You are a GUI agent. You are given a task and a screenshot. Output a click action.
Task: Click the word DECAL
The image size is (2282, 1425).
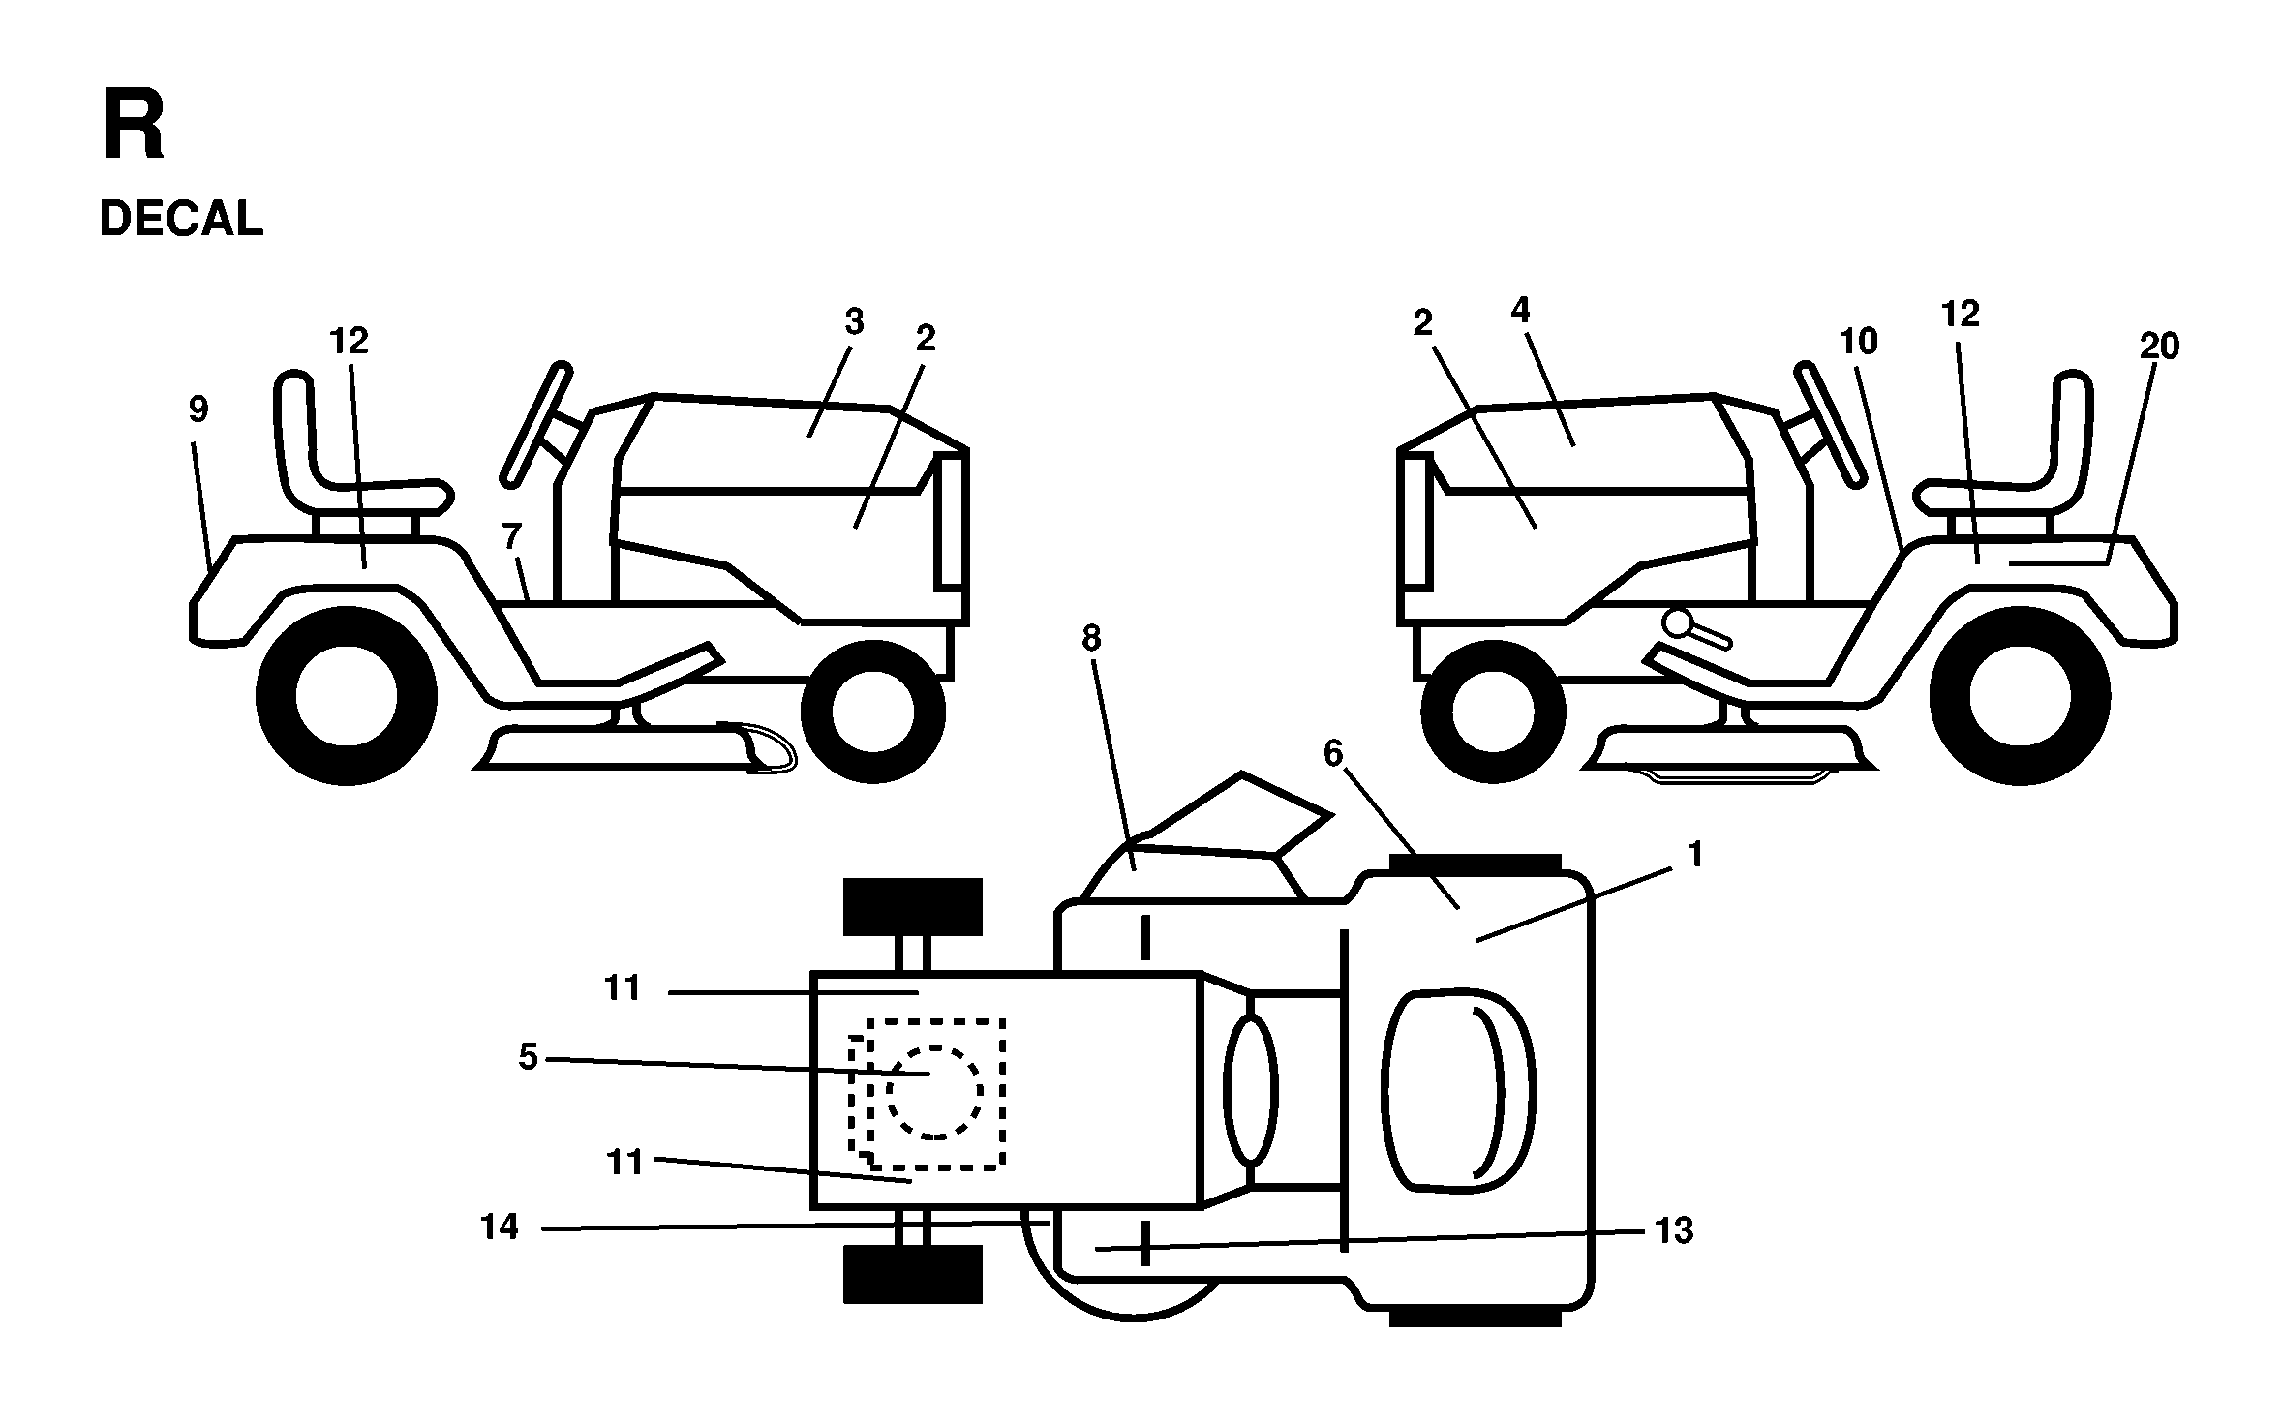pyautogui.click(x=181, y=219)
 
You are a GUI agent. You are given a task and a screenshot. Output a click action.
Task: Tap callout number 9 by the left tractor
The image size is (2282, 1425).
pyautogui.click(x=198, y=410)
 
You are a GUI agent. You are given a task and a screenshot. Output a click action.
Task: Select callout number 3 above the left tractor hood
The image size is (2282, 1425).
pyautogui.click(x=853, y=322)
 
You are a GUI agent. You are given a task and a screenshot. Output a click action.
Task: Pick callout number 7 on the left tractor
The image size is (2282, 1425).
pyautogui.click(x=512, y=534)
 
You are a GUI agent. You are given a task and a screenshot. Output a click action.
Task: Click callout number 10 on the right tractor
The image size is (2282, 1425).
pyautogui.click(x=1858, y=341)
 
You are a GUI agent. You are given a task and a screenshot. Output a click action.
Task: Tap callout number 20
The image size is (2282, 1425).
pyautogui.click(x=2158, y=346)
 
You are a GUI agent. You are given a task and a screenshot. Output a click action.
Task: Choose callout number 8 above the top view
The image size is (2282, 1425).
pyautogui.click(x=1091, y=638)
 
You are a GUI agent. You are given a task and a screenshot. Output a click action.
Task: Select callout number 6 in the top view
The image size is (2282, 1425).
pyautogui.click(x=1333, y=754)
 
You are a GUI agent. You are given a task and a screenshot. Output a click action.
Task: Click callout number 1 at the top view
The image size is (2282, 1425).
pyautogui.click(x=1694, y=855)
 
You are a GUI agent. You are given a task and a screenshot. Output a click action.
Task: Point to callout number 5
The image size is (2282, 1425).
pyautogui.click(x=528, y=1057)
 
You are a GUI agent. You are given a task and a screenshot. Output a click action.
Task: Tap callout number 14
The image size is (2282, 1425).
pyautogui.click(x=500, y=1228)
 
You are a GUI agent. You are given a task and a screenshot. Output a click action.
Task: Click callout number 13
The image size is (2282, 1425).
pyautogui.click(x=1674, y=1230)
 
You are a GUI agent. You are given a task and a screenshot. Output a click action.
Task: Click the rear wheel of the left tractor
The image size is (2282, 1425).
pyautogui.click(x=347, y=697)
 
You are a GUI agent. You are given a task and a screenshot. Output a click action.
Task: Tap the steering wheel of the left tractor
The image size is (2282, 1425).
pyautogui.click(x=534, y=423)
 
